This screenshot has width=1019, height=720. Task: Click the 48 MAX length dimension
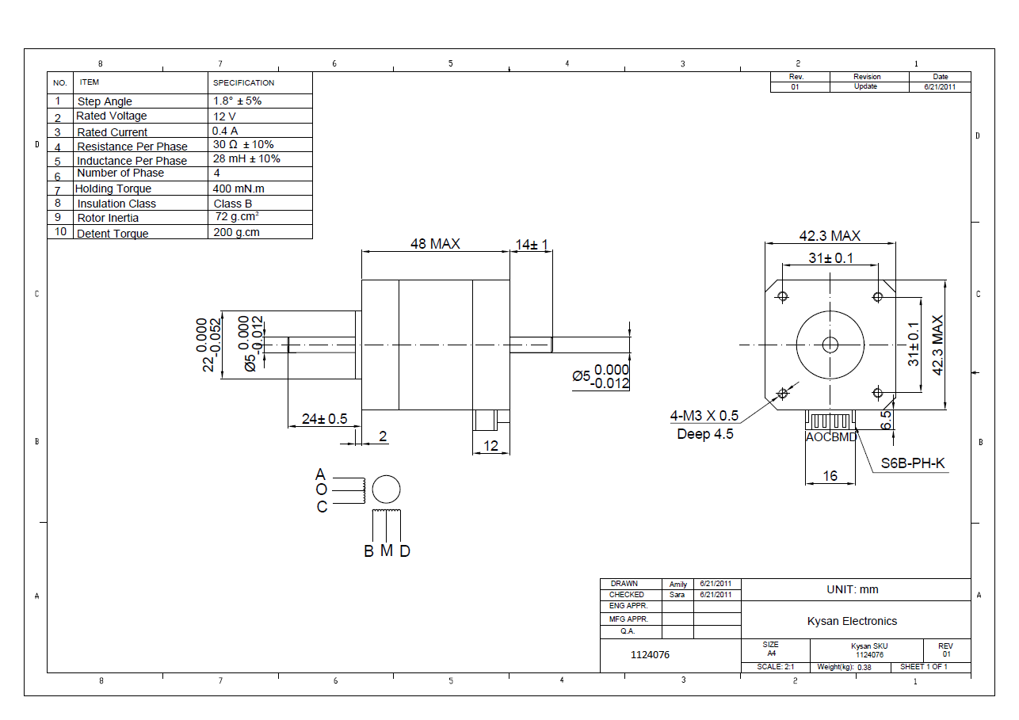tap(434, 244)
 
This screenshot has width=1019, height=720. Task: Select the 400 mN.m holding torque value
tap(239, 189)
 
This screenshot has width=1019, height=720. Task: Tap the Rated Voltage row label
tap(112, 116)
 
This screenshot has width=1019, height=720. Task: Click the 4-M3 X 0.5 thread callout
tap(704, 416)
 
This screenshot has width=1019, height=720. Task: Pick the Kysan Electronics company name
tap(852, 621)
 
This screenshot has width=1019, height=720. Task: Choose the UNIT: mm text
tap(852, 589)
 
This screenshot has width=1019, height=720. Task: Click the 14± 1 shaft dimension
tap(532, 245)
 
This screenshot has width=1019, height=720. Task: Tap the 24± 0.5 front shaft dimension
tap(325, 419)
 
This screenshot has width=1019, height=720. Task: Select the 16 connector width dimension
tap(830, 476)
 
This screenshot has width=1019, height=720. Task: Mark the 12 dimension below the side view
tap(490, 446)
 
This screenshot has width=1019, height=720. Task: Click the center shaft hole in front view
tap(830, 345)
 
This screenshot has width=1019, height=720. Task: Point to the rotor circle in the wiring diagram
tap(386, 490)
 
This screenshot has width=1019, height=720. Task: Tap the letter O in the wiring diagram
tap(321, 490)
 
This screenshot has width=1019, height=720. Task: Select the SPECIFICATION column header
tap(244, 82)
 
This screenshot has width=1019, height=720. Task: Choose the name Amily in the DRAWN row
tap(678, 584)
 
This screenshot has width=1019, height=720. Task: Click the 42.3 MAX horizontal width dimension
tap(829, 236)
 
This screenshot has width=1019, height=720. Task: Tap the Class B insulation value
tap(233, 204)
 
